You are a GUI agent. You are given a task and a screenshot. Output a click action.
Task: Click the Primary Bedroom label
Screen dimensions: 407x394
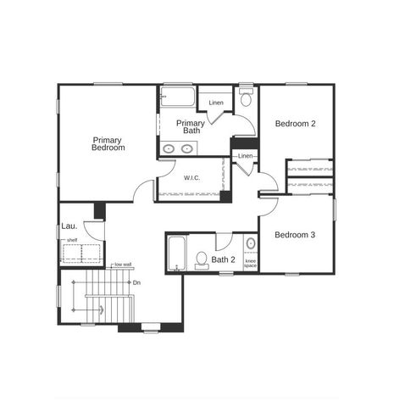[108, 144]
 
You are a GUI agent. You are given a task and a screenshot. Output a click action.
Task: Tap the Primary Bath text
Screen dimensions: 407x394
[189, 127]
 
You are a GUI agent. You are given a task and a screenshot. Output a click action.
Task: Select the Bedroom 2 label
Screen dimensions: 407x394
[296, 124]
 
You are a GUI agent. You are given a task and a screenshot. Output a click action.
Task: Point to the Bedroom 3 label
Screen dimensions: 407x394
[296, 235]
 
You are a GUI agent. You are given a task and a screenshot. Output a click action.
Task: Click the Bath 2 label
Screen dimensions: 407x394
[224, 259]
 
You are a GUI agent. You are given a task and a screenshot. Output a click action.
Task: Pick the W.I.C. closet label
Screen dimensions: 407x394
[192, 178]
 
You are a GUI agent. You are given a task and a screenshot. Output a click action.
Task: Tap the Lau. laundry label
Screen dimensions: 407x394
[69, 226]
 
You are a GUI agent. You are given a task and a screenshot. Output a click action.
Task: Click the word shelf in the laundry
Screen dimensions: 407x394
[72, 240]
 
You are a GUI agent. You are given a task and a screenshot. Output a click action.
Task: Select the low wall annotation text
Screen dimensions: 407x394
[123, 265]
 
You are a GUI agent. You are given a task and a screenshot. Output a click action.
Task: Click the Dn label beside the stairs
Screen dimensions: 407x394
[137, 282]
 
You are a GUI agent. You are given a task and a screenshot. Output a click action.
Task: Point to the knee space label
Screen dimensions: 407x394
[251, 263]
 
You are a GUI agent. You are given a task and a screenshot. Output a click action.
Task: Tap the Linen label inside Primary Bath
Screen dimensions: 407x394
[216, 103]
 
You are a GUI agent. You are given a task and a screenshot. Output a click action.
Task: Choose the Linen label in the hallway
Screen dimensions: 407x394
[245, 156]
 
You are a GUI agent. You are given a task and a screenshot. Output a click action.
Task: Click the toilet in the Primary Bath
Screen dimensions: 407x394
[246, 98]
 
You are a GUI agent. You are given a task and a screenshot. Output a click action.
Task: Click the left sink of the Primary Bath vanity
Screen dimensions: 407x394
[169, 149]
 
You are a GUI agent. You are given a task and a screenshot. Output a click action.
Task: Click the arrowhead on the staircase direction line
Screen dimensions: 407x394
[103, 311]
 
